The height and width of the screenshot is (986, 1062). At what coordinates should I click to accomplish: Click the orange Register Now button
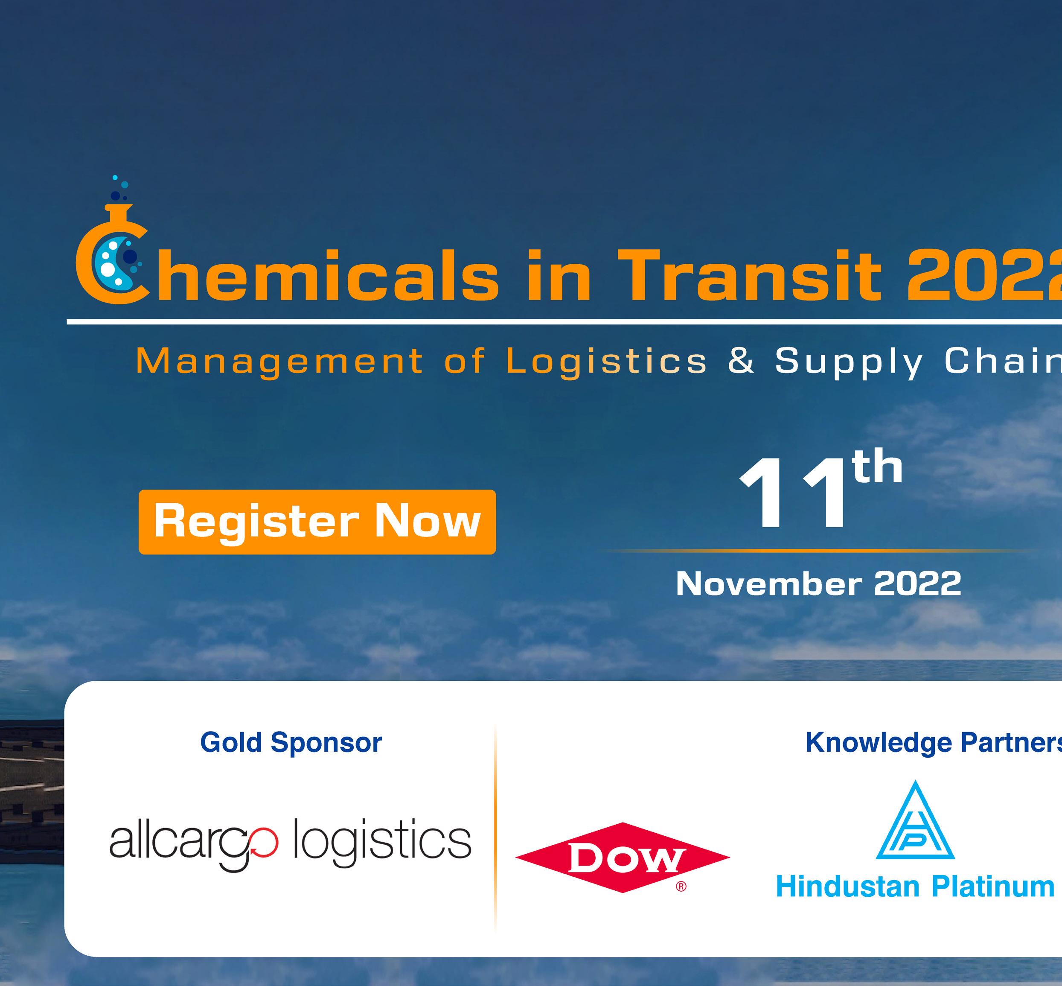(317, 522)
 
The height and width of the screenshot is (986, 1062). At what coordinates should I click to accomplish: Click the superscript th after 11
(877, 466)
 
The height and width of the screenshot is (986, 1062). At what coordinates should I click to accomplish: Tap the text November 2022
(818, 584)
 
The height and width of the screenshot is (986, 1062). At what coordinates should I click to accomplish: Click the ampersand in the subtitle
(742, 361)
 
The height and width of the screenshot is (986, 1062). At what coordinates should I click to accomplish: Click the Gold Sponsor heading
(291, 742)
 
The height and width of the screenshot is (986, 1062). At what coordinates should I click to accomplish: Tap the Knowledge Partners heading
(934, 742)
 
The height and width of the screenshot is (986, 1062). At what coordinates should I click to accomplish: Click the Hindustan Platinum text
(915, 887)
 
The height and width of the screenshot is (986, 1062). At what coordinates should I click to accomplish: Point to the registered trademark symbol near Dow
(681, 887)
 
